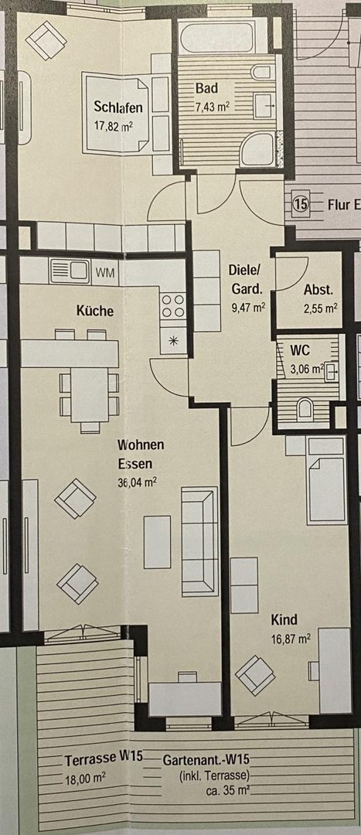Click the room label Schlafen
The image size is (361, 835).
coord(118,107)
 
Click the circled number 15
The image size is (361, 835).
coord(301,205)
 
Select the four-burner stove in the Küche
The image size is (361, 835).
coord(172,305)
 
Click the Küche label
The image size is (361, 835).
coord(95,311)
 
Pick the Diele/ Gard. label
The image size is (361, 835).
coord(247,280)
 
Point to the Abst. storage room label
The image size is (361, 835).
coord(318,291)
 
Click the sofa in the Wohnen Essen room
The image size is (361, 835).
coord(199,541)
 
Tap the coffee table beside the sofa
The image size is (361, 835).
coord(157,541)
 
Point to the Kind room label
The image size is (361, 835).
coord(284,620)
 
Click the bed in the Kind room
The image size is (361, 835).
coord(325,478)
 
